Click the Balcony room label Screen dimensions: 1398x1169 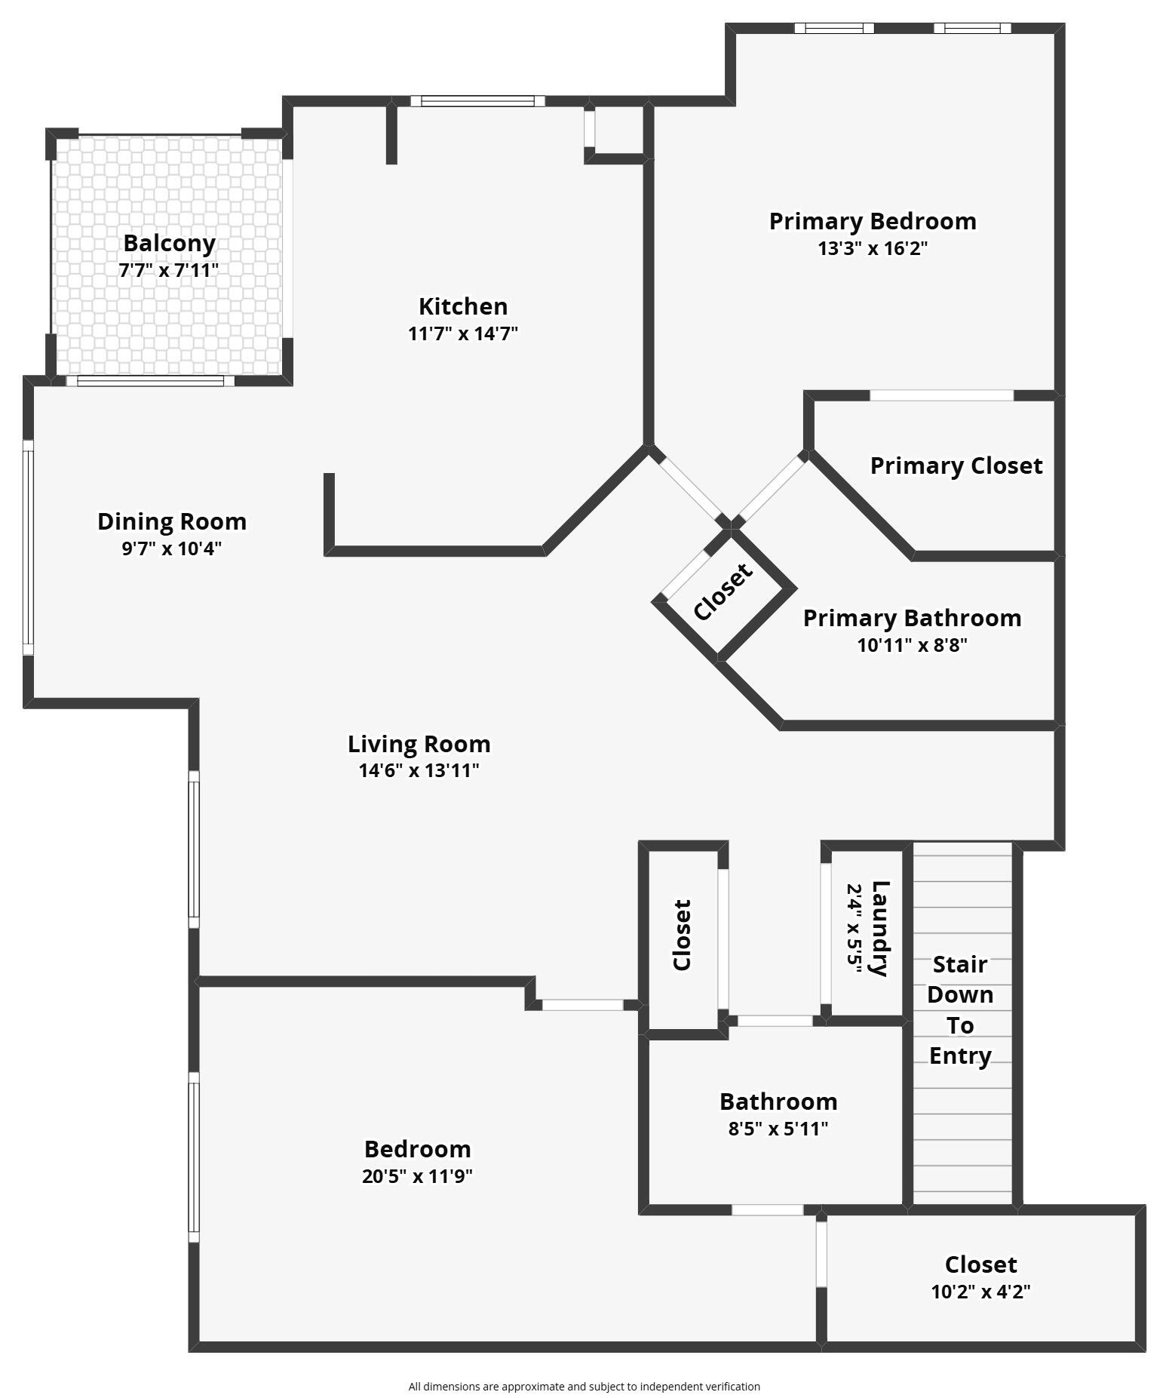click(x=169, y=243)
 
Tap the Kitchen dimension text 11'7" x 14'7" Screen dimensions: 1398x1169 click(x=463, y=333)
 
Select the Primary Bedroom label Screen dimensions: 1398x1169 click(x=873, y=221)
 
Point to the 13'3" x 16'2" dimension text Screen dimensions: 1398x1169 click(x=873, y=248)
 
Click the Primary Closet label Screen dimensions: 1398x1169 click(x=956, y=465)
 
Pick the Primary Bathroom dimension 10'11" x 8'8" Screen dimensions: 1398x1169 click(x=912, y=645)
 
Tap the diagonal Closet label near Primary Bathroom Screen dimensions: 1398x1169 click(x=723, y=591)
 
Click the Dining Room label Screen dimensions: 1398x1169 click(x=172, y=521)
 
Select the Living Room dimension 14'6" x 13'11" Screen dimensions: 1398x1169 click(x=419, y=770)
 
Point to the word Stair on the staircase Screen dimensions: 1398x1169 click(x=960, y=964)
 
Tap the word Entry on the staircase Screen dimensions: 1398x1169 click(x=960, y=1055)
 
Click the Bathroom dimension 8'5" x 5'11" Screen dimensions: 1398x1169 click(x=778, y=1129)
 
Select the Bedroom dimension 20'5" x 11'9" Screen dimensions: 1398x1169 click(x=417, y=1176)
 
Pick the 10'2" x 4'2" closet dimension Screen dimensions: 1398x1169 click(x=980, y=1292)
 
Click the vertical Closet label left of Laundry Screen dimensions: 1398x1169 click(x=682, y=935)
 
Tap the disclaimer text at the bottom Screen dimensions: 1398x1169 click(x=584, y=1386)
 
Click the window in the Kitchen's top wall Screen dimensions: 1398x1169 click(x=477, y=101)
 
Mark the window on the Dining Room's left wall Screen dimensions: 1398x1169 click(x=28, y=547)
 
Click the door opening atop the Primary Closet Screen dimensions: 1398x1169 click(x=941, y=395)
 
